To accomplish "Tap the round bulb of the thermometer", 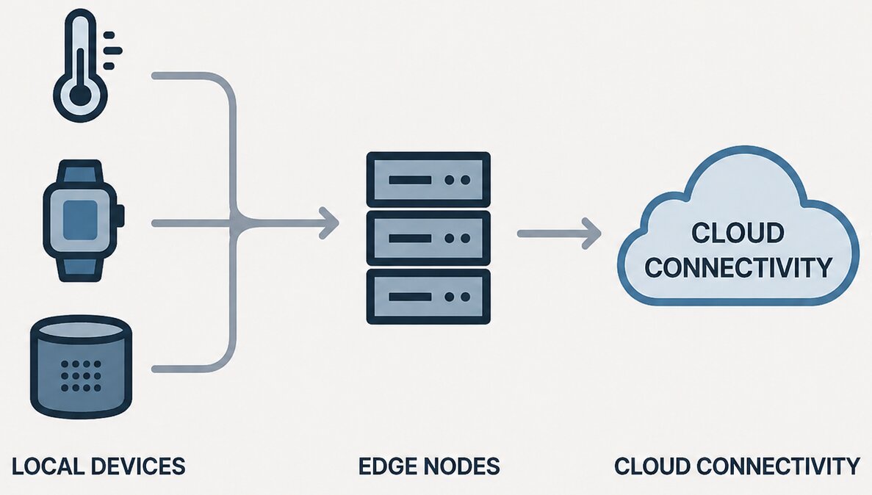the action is click(81, 95).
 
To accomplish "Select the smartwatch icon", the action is click(84, 221).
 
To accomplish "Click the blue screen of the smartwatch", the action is click(80, 220).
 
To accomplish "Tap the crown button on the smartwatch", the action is click(120, 216).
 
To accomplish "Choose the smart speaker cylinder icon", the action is click(82, 366).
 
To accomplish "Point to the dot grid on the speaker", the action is click(82, 375).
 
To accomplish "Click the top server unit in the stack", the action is click(428, 179).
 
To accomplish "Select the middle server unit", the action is click(428, 238).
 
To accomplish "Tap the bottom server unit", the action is click(428, 297).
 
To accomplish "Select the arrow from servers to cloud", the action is click(559, 234).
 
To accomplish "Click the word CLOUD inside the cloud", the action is click(738, 233).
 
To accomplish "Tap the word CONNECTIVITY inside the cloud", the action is click(738, 267).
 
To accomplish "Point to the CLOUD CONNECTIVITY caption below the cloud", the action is click(737, 466).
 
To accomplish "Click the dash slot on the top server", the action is click(410, 180).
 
